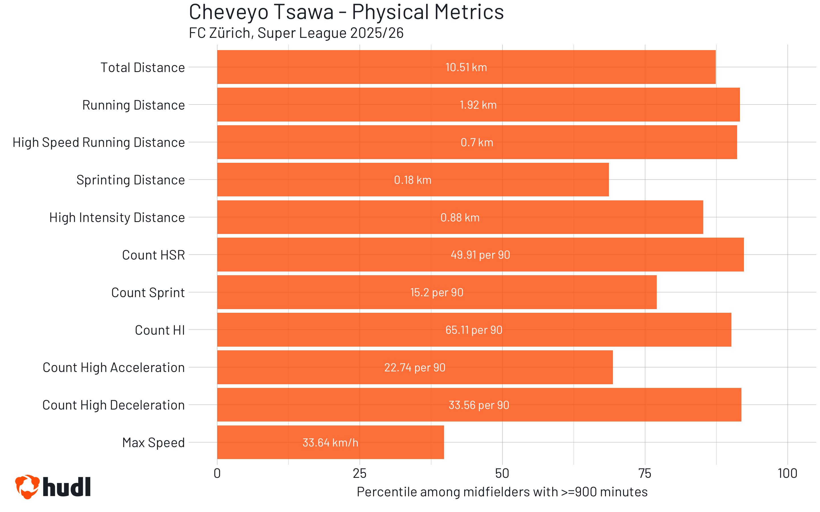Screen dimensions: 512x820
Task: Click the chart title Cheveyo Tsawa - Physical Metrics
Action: click(346, 12)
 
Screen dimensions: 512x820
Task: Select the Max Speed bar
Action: click(330, 442)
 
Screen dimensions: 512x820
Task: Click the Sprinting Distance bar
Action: click(413, 180)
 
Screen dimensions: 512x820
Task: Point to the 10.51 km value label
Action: click(466, 67)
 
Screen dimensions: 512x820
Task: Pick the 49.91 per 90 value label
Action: click(480, 255)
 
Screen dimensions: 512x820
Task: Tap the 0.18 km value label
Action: click(413, 180)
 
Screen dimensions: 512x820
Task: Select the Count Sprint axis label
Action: click(148, 293)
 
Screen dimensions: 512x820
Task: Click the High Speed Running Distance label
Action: click(99, 143)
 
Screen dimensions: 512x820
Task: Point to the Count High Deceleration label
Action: click(114, 405)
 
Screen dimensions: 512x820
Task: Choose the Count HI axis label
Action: click(159, 330)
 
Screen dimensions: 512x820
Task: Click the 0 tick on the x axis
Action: click(217, 473)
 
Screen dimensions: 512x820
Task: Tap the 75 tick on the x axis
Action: click(645, 473)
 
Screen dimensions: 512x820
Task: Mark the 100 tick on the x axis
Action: click(787, 473)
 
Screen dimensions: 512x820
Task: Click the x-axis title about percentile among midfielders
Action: click(502, 492)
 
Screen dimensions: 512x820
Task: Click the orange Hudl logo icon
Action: click(27, 487)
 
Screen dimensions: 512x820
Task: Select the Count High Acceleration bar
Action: click(415, 367)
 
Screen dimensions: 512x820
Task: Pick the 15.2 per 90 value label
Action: click(436, 293)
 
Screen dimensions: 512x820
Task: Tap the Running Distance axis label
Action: click(134, 105)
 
